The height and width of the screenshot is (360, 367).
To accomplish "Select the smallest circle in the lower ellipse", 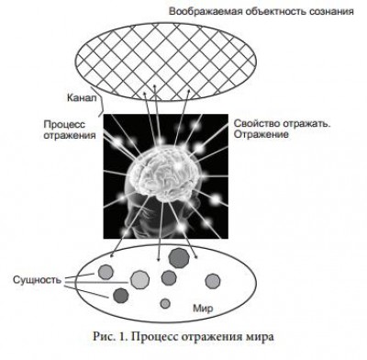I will tap(165, 304).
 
